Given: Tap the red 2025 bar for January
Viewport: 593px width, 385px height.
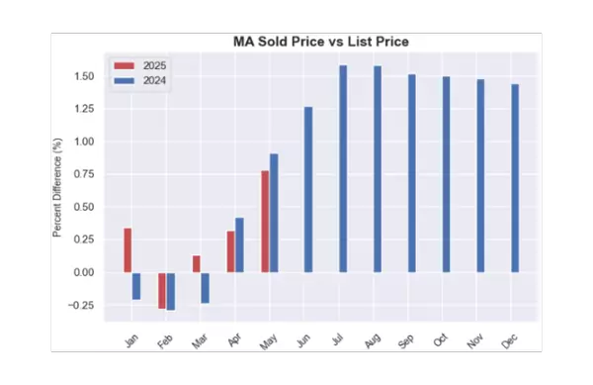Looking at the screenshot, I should point(127,250).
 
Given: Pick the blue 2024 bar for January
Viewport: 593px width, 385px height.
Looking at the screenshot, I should point(136,286).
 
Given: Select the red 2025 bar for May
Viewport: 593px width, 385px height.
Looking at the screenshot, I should point(265,222).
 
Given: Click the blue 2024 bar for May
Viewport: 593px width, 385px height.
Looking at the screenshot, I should point(274,213).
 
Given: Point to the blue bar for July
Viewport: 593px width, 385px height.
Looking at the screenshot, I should point(343,169).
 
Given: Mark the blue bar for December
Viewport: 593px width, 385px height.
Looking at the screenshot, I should point(515,178).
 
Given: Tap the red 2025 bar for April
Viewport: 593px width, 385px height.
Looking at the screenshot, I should point(230,251).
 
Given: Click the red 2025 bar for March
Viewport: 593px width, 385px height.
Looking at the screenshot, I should point(197,264).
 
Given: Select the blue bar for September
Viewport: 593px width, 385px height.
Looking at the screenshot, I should point(412,173).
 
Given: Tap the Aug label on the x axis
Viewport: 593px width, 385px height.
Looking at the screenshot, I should point(372,339).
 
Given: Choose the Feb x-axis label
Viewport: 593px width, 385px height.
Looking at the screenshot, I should point(165,340).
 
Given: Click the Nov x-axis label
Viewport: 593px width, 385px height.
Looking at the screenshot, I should point(475,339).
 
